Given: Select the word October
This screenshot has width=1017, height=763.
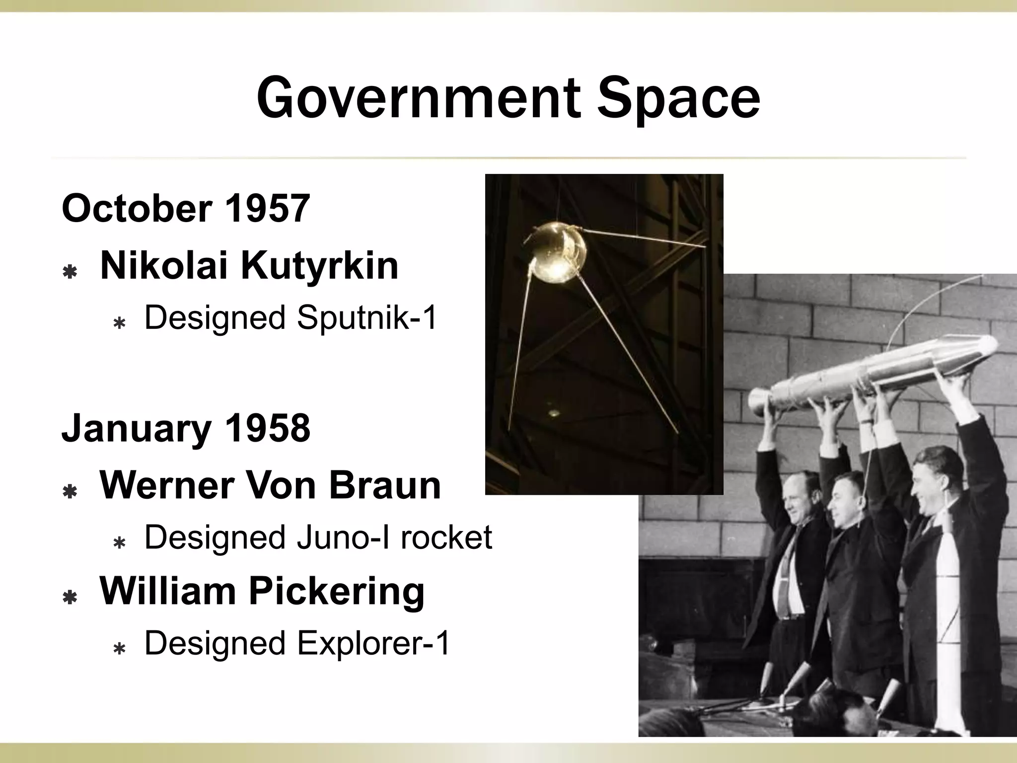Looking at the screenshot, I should [x=138, y=209].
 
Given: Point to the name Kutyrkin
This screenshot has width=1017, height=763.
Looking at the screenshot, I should [x=320, y=266].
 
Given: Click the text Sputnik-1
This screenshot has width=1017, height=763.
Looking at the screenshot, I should [x=367, y=318].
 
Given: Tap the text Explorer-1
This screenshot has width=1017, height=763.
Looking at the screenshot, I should [x=373, y=643].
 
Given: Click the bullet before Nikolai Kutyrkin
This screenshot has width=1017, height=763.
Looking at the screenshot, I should [x=70, y=272].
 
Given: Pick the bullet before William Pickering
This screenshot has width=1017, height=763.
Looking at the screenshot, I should [x=70, y=598].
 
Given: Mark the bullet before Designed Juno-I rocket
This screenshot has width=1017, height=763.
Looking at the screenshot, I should [x=119, y=544].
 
